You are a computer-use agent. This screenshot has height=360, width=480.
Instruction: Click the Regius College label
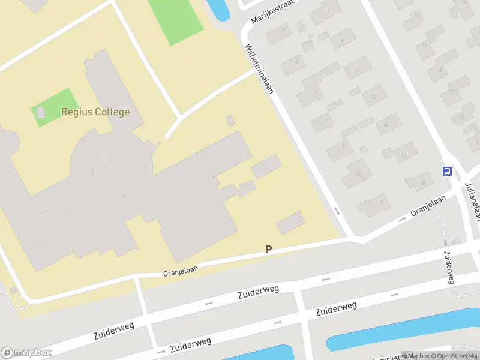click(95, 112)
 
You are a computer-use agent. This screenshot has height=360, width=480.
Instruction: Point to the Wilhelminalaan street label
click(259, 69)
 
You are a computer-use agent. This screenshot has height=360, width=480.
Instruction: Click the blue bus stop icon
click(447, 172)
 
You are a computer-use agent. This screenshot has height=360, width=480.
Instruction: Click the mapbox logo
click(26, 353)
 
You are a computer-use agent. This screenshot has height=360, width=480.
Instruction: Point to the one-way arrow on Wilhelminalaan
click(337, 211)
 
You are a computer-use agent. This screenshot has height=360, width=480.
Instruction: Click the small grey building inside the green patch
click(41, 112)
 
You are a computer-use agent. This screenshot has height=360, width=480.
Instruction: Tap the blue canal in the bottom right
click(402, 330)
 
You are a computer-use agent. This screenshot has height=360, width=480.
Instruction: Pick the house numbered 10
click(357, 71)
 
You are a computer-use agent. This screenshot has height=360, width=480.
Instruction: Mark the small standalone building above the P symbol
click(290, 224)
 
